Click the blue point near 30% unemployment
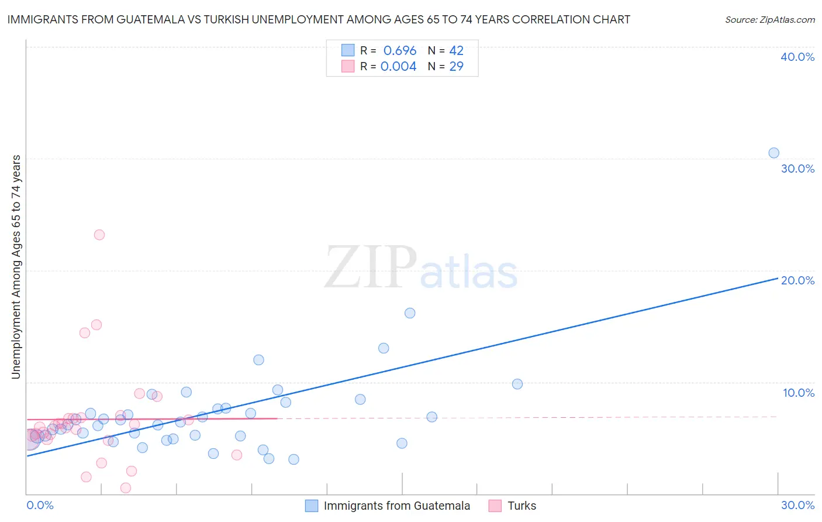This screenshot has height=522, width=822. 773,153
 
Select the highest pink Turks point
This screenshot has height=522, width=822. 99,235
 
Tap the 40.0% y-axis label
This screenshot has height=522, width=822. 797,57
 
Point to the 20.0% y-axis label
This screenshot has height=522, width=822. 797,280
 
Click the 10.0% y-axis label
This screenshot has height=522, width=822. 799,393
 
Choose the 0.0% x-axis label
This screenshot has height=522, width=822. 40,505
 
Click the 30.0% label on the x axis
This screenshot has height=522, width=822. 797,505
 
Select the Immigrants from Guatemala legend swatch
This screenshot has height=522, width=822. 312,506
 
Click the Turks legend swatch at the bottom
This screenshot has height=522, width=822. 495,506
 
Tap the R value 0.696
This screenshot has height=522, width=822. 400,51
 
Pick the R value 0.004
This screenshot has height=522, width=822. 398,67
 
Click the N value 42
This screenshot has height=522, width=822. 456,51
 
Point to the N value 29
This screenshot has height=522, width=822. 456,67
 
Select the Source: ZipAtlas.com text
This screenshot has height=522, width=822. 770,19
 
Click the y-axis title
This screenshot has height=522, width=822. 16,267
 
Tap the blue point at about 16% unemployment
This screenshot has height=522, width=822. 410,313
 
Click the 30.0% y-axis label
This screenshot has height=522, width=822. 797,169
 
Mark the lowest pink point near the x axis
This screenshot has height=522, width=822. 125,488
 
